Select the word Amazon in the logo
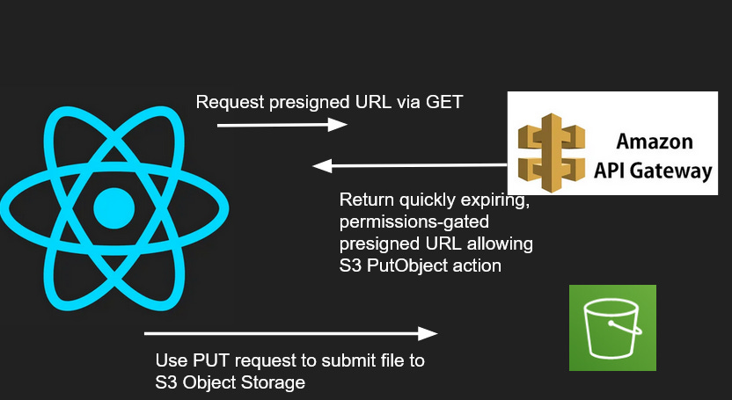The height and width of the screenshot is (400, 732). point(654,142)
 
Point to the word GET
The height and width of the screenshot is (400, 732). point(444,102)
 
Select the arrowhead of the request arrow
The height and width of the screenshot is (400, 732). point(339,126)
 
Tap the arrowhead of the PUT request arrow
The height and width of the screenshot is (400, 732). point(428,333)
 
